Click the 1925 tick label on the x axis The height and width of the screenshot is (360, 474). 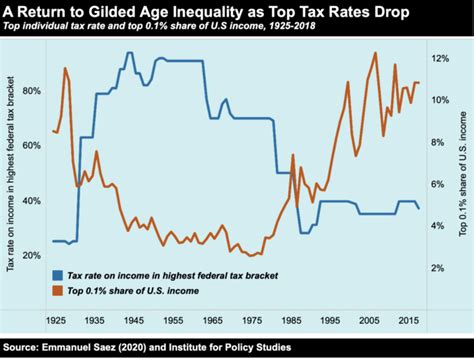pos(56,320)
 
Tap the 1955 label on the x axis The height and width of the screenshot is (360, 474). pos(173,320)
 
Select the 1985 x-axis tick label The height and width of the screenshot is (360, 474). pos(291,320)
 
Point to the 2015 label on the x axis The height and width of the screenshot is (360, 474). pos(409,320)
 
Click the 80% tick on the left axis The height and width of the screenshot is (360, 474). pos(32,91)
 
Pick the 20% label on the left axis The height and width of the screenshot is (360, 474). pos(32,256)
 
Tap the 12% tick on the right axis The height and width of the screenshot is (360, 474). pos(440,59)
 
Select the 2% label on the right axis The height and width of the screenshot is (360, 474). pos(438,268)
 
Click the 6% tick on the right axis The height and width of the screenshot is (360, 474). pos(438,184)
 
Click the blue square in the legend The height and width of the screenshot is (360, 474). pos(58,275)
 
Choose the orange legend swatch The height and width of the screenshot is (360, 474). pos(58,290)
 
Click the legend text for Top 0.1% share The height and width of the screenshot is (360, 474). pos(133,291)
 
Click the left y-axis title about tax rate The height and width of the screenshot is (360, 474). pos(11,173)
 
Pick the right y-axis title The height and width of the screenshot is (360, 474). pos(463,174)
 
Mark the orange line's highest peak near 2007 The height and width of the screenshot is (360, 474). pos(375,52)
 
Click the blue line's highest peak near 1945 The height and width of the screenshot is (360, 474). pos(130,52)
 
